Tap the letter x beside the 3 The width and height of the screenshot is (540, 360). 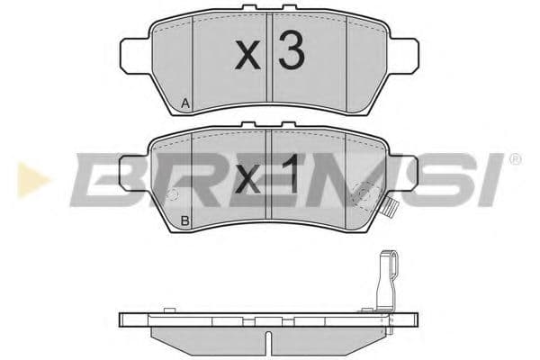point(247,58)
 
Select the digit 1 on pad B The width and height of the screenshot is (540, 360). point(288,174)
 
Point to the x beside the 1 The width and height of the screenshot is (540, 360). point(247,178)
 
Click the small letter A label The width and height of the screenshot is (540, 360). point(184,104)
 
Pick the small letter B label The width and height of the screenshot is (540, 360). point(184,220)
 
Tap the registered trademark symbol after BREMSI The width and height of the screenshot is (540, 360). point(515,159)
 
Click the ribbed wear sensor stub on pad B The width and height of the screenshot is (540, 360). point(392,212)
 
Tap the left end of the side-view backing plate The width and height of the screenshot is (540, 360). point(123,318)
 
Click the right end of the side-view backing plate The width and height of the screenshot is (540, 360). point(416,318)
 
